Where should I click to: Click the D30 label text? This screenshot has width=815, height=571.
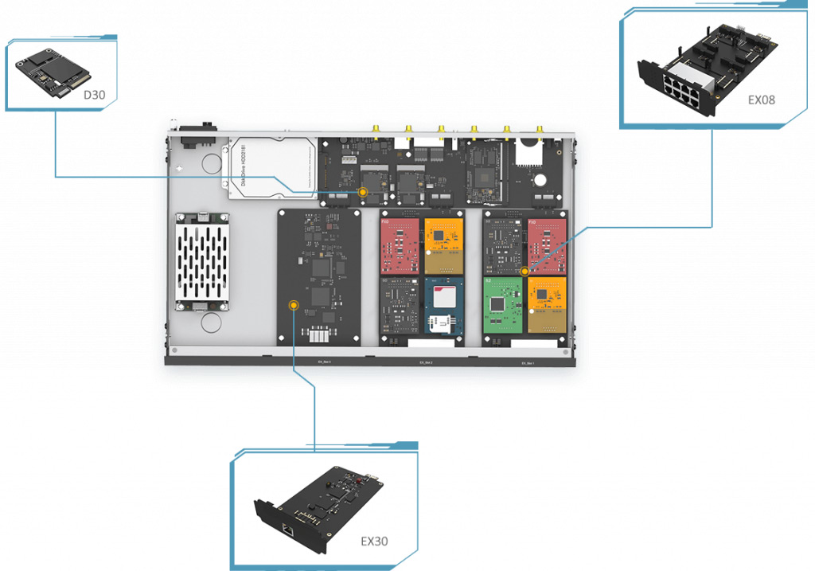point(94,96)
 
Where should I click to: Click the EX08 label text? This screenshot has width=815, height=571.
point(761,100)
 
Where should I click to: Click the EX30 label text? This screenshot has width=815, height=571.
point(374,542)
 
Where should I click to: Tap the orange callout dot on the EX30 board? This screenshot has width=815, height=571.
point(294,305)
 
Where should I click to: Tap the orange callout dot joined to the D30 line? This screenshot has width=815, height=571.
point(363,192)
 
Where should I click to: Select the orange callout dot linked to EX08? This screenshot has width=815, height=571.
point(524,272)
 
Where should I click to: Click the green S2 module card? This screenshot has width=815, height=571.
point(503,306)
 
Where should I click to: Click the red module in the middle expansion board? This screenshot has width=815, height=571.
point(400,244)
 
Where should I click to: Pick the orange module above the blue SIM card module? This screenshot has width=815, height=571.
point(443,244)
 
